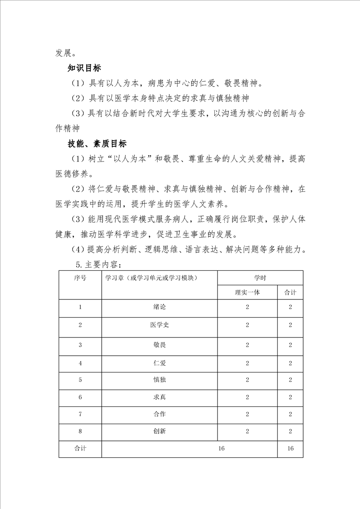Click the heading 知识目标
pyautogui.click(x=84, y=68)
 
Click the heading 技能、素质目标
pyautogui.click(x=97, y=143)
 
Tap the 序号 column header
pyautogui.click(x=80, y=278)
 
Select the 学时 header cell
pyautogui.click(x=260, y=278)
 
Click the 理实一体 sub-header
pyautogui.click(x=247, y=292)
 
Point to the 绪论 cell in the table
pyautogui.click(x=159, y=307)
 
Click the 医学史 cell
pyautogui.click(x=159, y=325)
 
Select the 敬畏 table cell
pyautogui.click(x=159, y=345)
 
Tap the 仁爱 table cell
pyautogui.click(x=159, y=363)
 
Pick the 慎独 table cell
pyautogui.click(x=159, y=380)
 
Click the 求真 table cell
pyautogui.click(x=159, y=397)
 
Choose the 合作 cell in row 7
pyautogui.click(x=159, y=414)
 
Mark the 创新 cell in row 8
pyautogui.click(x=159, y=431)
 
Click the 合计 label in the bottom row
pyautogui.click(x=80, y=448)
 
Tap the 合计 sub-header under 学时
pyautogui.click(x=290, y=292)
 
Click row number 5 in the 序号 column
pyautogui.click(x=80, y=380)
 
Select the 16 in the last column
pyautogui.click(x=290, y=448)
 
